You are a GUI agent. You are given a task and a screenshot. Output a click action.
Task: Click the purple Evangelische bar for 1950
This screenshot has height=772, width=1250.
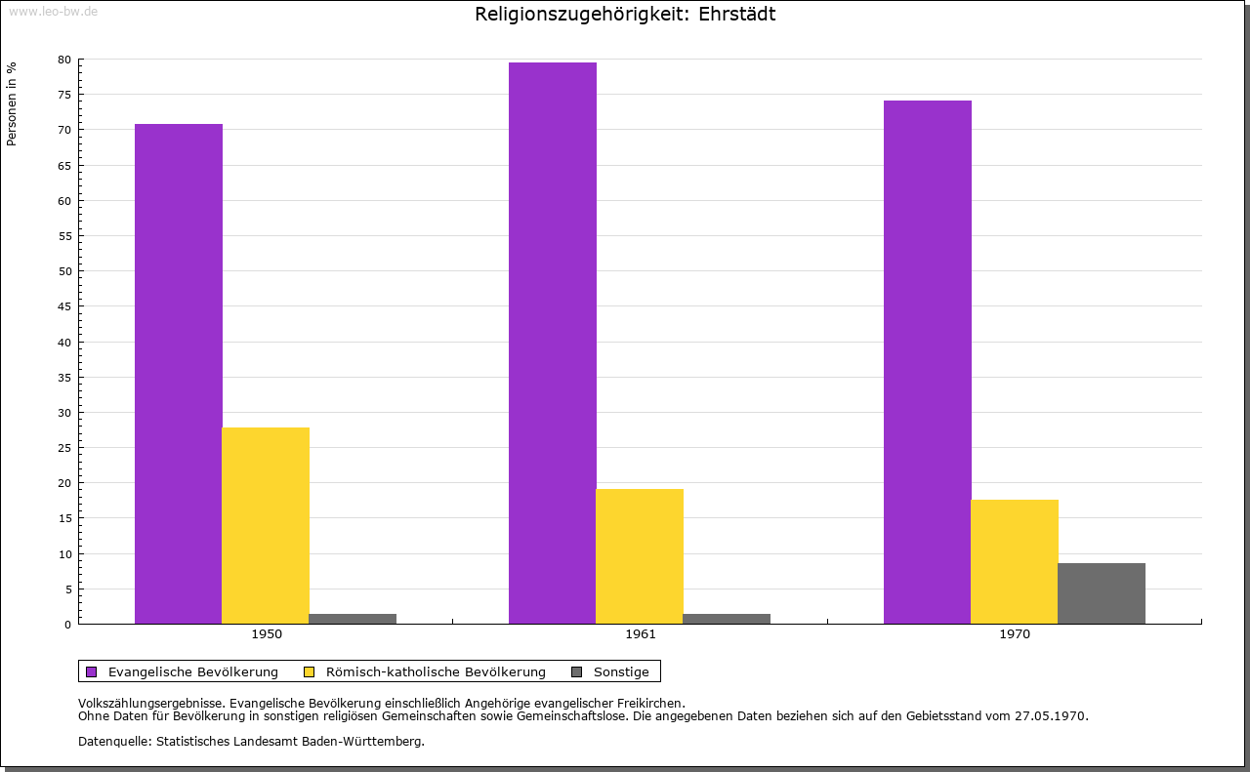click(179, 374)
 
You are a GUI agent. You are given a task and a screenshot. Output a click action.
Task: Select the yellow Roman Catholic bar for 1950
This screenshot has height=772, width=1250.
click(266, 525)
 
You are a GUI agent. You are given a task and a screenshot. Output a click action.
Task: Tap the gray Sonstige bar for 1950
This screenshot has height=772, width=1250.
click(353, 619)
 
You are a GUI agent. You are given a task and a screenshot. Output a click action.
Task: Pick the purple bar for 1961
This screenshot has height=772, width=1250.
click(553, 343)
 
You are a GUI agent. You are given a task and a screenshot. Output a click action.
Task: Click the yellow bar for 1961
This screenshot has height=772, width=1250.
click(640, 556)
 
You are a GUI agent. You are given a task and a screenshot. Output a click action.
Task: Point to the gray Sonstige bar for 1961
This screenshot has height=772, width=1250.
click(727, 619)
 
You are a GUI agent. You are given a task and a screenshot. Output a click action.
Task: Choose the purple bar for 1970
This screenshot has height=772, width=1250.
click(928, 362)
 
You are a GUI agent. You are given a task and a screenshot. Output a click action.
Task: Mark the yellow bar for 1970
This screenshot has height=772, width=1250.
click(1015, 562)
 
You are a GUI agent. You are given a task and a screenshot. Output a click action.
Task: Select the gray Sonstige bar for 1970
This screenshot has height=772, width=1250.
click(1102, 593)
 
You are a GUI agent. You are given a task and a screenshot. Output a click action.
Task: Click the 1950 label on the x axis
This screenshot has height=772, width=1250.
click(267, 634)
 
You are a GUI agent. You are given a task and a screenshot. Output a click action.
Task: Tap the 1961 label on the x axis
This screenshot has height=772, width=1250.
click(641, 634)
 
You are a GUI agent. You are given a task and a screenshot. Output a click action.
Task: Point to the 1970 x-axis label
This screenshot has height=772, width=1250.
click(1015, 634)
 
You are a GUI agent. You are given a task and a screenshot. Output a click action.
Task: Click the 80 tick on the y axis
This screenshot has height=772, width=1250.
click(64, 60)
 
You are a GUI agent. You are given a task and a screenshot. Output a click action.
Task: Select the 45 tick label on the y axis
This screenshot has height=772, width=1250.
click(64, 306)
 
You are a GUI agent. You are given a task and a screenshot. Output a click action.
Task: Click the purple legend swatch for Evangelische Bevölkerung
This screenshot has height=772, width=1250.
click(92, 672)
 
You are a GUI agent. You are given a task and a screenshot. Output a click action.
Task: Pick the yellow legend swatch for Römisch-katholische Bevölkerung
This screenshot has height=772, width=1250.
click(310, 672)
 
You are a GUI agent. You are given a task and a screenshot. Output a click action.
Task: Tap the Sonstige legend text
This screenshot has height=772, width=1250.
click(621, 672)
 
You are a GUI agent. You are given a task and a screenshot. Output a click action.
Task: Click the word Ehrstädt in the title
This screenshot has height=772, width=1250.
click(736, 14)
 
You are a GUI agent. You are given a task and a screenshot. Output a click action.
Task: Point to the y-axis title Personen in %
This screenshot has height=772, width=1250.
click(12, 104)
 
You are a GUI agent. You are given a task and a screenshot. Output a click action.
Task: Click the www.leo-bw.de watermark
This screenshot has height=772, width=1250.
click(54, 11)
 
